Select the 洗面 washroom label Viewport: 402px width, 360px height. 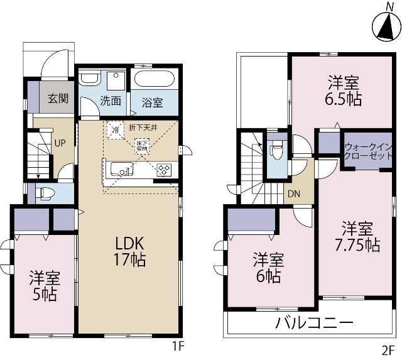(111, 100)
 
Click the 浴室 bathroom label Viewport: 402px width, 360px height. (151, 101)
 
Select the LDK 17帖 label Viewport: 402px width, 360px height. (129, 251)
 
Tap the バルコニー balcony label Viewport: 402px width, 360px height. (313, 324)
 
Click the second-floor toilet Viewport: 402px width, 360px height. (275, 150)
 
